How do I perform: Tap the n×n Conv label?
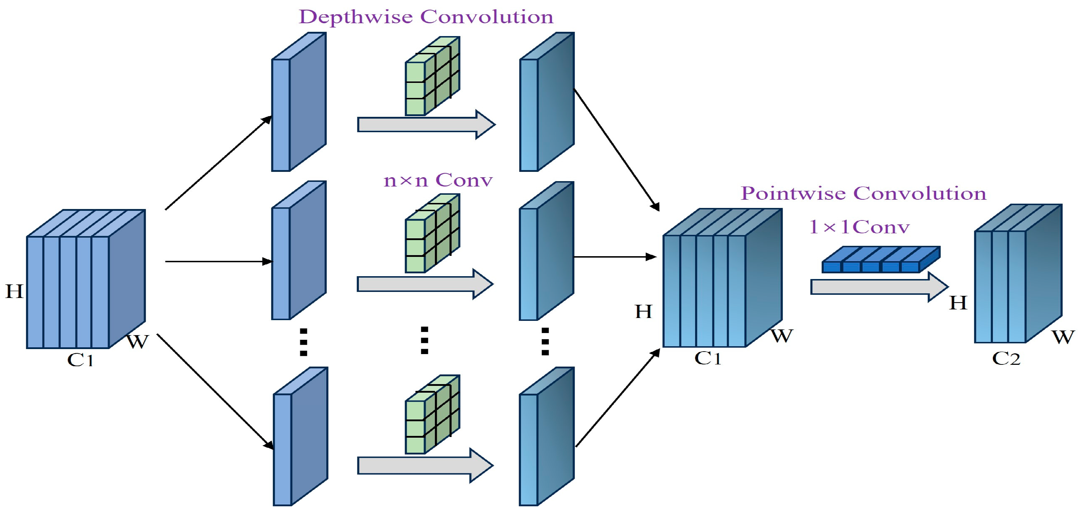click(x=438, y=180)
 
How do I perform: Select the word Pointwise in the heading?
click(x=793, y=193)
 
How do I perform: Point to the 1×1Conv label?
click(x=860, y=227)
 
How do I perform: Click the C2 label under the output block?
click(x=1006, y=359)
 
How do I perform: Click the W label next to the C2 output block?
click(x=1063, y=337)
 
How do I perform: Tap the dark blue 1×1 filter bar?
click(x=881, y=259)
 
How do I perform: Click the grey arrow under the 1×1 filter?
click(x=879, y=287)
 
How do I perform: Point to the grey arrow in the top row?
click(x=426, y=124)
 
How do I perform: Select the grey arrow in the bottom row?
click(x=426, y=466)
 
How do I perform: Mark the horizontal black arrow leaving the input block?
click(x=219, y=262)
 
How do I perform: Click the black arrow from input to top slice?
click(x=219, y=163)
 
